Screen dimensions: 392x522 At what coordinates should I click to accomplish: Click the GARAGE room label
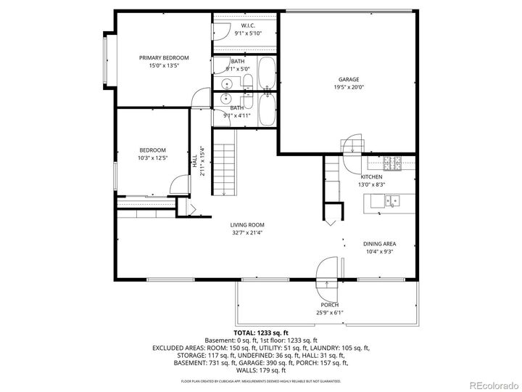click(348, 79)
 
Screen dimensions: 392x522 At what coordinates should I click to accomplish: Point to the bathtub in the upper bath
click(266, 73)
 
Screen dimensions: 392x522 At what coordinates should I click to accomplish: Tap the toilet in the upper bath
click(247, 81)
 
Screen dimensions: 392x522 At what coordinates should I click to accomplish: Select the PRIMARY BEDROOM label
click(164, 58)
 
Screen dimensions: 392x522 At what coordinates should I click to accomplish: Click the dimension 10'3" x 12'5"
click(153, 158)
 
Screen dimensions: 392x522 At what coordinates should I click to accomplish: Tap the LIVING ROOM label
click(247, 225)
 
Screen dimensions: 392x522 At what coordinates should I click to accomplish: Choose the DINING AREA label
click(379, 244)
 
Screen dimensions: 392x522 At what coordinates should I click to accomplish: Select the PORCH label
click(329, 305)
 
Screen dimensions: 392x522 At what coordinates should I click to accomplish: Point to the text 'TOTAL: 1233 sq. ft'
click(260, 332)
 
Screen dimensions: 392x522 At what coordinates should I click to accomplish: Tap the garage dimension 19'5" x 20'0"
click(348, 87)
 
